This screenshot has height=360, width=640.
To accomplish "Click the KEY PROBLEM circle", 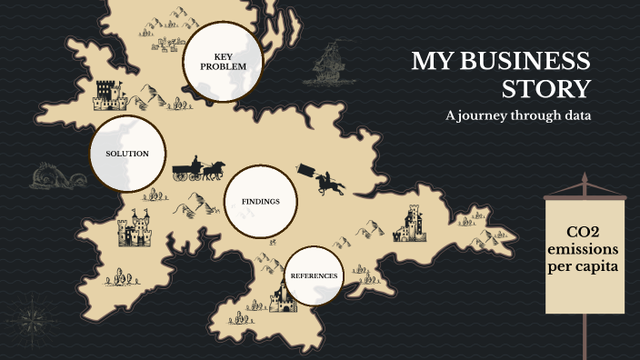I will pyautogui.click(x=223, y=62).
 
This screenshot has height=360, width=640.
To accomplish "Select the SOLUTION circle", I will pyautogui.click(x=127, y=154).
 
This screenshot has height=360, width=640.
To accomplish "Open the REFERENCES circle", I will pyautogui.click(x=314, y=275).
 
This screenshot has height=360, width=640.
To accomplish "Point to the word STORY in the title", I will pyautogui.click(x=546, y=89).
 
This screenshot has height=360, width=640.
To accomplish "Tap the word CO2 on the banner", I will pyautogui.click(x=585, y=231).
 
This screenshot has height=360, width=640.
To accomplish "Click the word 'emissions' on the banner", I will pyautogui.click(x=585, y=249).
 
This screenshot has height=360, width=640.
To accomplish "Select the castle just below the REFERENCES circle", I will pyautogui.click(x=285, y=297).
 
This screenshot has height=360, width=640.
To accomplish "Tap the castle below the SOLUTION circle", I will pyautogui.click(x=135, y=229).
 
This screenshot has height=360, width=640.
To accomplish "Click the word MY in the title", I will pyautogui.click(x=431, y=62).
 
